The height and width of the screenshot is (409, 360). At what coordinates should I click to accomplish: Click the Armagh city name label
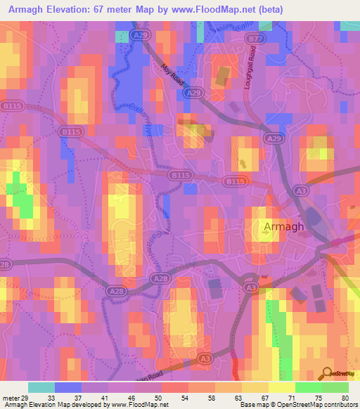coord(284,227)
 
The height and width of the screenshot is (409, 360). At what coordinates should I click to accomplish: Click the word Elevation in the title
coord(74,8)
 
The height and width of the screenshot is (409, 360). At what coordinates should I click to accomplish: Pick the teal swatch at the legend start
coord(41,387)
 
